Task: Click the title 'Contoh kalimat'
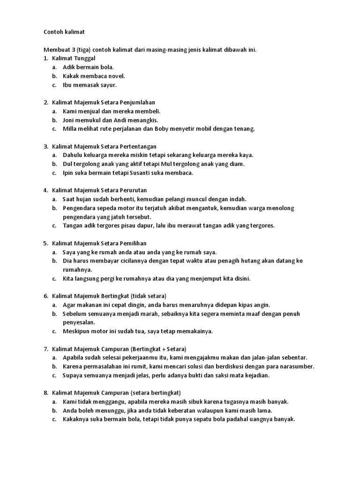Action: click(64, 32)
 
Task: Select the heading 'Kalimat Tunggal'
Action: click(74, 58)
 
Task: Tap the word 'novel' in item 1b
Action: click(117, 76)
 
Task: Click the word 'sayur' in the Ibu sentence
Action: click(108, 85)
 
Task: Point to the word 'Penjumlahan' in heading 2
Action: click(138, 102)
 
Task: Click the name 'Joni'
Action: click(69, 120)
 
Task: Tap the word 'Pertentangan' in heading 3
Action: click(138, 146)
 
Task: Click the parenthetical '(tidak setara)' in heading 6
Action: click(149, 296)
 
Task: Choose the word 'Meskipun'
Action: click(76, 331)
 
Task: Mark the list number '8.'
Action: click(46, 393)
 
